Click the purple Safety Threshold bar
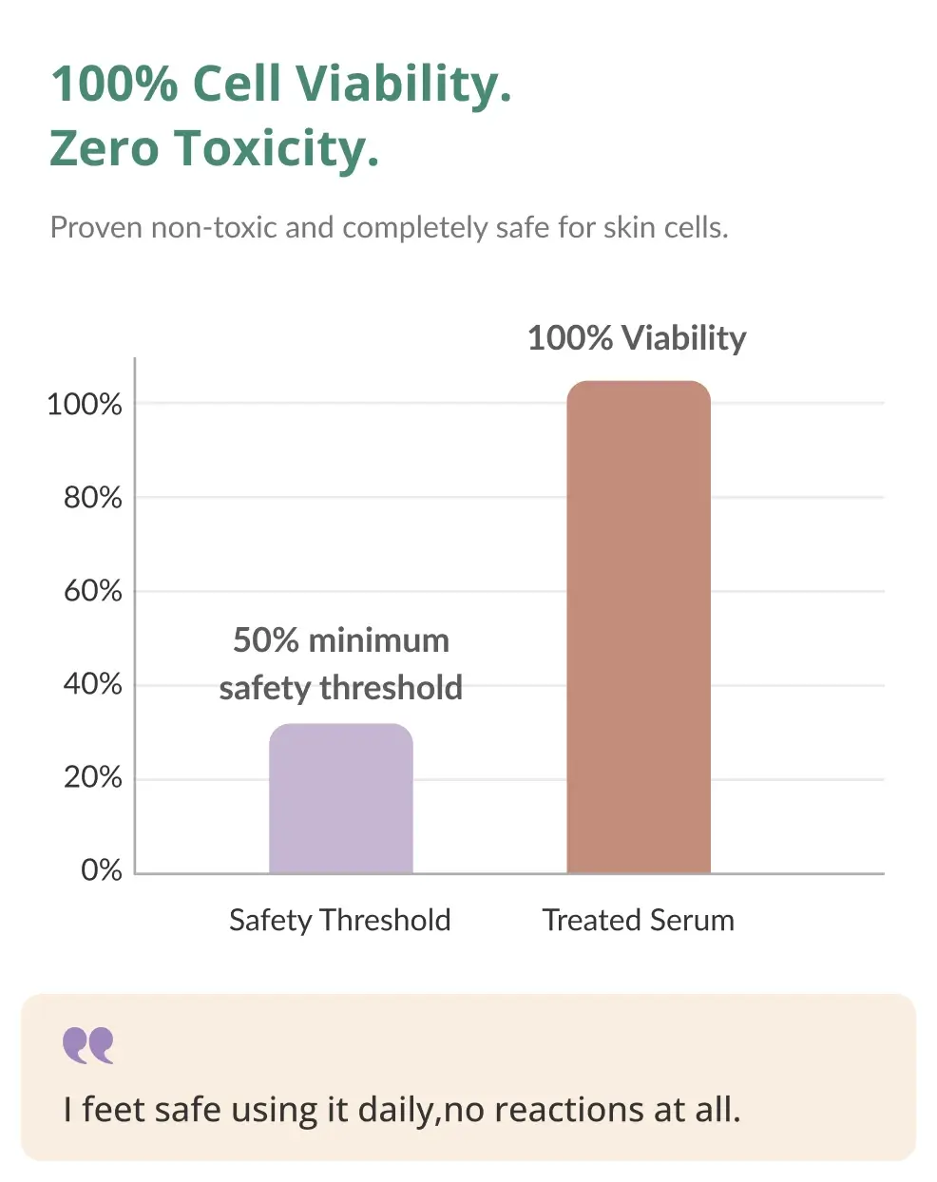coord(341,798)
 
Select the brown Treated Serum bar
coord(639,627)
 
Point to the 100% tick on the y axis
coord(85,405)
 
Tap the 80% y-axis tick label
coord(93,498)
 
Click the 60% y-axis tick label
coord(93,592)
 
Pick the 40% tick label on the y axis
coord(93,684)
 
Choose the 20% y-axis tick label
coord(93,778)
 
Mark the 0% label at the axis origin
coord(102,870)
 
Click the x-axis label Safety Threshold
coord(340,921)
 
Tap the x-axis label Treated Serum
coord(639,921)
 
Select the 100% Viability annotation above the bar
coord(637,338)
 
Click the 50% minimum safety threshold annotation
coord(341,664)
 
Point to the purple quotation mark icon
coord(88,1046)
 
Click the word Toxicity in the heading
coord(277,148)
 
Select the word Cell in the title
coord(237,84)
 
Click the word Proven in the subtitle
coord(96,227)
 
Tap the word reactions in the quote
coord(569,1110)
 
